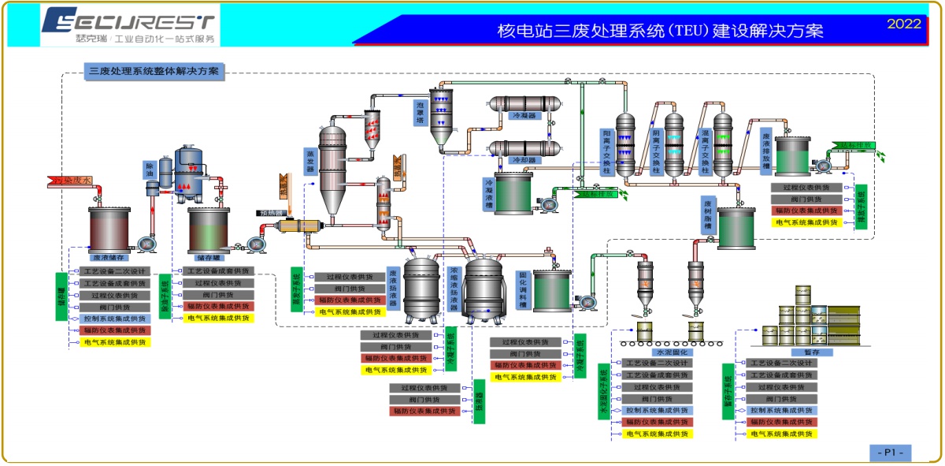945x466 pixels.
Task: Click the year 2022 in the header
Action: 903,24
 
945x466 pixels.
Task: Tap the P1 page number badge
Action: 891,453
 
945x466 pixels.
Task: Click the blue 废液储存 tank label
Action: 111,257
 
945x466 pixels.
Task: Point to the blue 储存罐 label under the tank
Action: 209,257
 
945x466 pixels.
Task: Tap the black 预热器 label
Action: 269,213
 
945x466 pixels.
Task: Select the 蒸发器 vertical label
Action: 310,161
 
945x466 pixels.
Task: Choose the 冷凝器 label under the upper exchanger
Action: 524,115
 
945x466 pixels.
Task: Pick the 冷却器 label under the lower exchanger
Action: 524,160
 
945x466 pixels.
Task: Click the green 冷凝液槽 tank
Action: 513,195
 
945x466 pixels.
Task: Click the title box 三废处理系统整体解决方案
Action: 154,71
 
